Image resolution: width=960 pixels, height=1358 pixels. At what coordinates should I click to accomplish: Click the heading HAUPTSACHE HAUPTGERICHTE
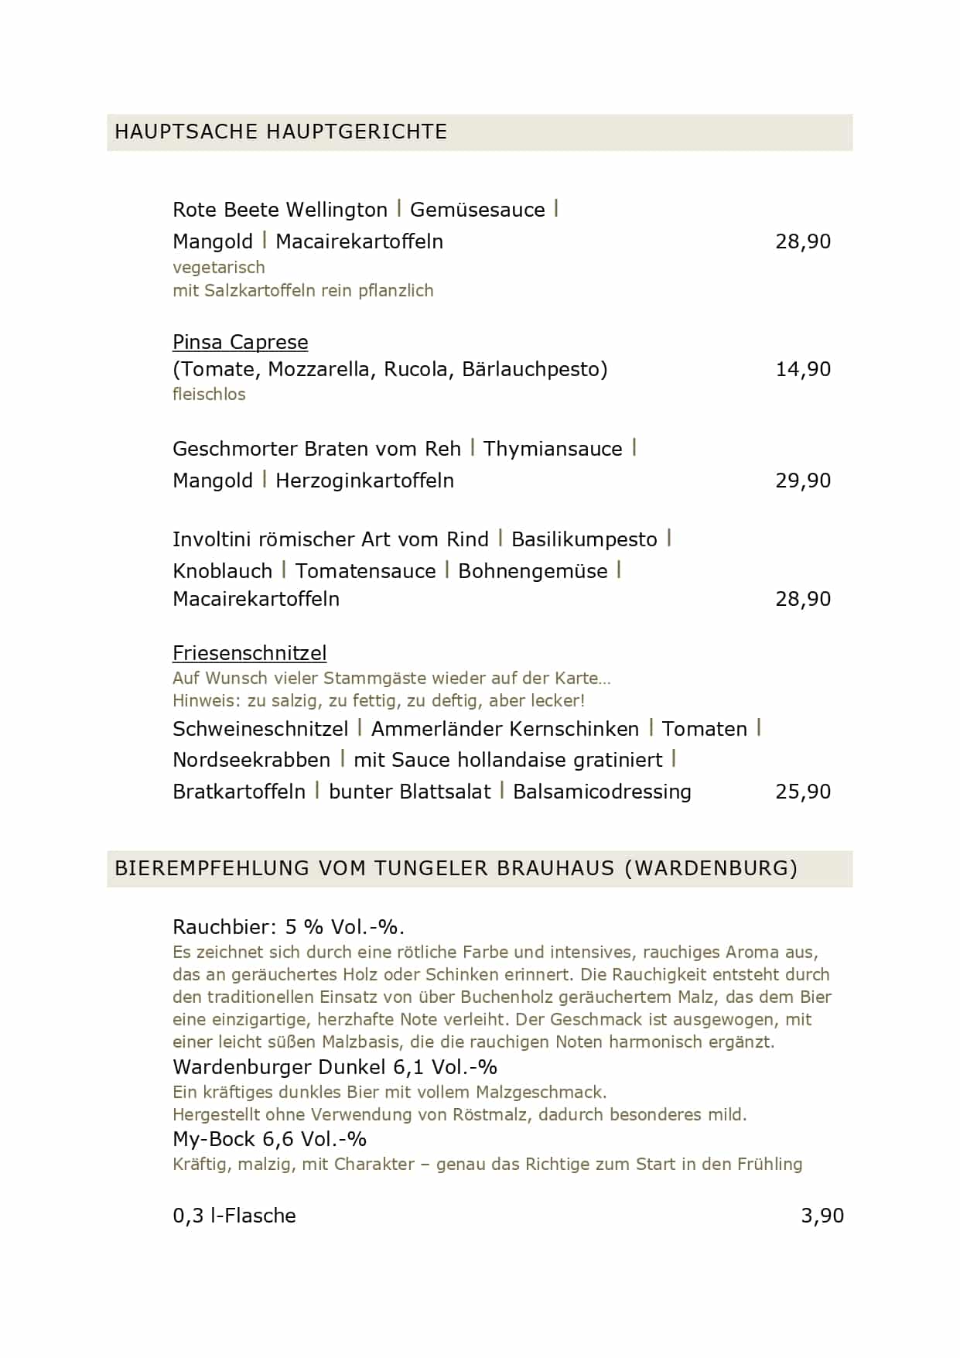click(x=281, y=132)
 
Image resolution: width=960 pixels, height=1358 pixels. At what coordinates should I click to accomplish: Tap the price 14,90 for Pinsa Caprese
click(x=802, y=369)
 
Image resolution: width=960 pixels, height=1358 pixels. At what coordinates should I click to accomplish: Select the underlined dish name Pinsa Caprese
click(x=240, y=342)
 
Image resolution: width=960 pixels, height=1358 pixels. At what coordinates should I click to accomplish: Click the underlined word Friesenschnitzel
click(x=249, y=653)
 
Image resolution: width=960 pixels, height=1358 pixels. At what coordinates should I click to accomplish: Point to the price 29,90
click(x=802, y=481)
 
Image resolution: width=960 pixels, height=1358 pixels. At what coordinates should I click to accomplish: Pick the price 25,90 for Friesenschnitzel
click(x=802, y=792)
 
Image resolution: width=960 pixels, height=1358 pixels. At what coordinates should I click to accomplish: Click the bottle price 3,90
click(x=822, y=1216)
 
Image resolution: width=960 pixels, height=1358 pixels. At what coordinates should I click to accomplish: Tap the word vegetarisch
click(x=218, y=268)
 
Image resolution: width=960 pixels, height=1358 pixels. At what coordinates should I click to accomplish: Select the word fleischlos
click(x=209, y=395)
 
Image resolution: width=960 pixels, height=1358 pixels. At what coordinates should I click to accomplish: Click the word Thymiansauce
click(x=552, y=449)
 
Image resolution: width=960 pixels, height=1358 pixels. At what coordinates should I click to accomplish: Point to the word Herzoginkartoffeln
click(x=364, y=481)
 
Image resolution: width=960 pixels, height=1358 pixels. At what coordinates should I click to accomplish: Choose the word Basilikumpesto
click(x=584, y=539)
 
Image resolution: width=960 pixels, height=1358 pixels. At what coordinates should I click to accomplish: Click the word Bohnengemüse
click(x=532, y=571)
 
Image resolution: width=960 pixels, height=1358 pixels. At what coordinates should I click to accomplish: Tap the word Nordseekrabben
click(x=251, y=760)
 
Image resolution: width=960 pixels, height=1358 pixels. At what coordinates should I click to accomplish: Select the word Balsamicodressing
click(x=602, y=792)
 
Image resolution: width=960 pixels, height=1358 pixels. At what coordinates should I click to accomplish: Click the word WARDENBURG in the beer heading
click(x=709, y=868)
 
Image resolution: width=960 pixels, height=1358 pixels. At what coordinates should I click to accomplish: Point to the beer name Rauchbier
click(x=224, y=927)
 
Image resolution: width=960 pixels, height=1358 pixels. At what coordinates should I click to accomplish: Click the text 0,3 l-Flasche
click(x=234, y=1216)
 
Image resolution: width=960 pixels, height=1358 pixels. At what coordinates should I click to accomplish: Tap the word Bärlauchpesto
click(x=534, y=369)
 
